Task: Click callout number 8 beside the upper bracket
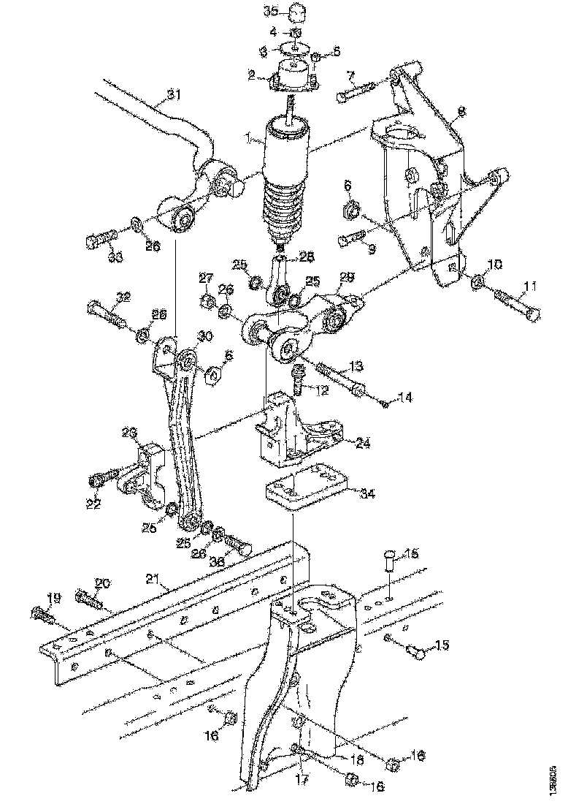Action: pos(461,113)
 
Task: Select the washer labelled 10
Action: pos(480,281)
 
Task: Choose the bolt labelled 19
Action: pos(42,615)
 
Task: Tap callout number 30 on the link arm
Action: pos(204,336)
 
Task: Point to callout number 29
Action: pos(347,278)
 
